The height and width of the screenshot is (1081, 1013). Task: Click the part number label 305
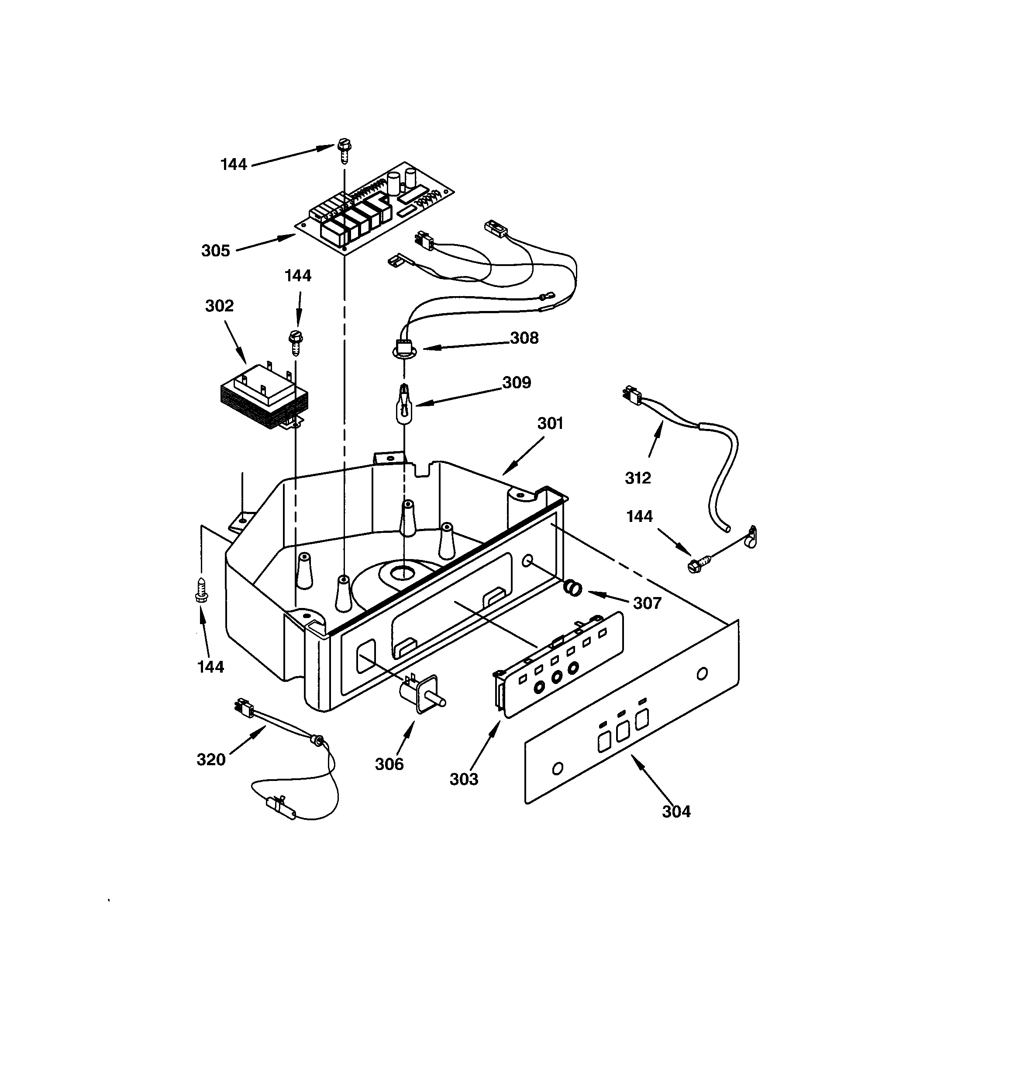click(x=215, y=251)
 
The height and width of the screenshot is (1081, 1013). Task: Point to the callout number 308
click(x=524, y=338)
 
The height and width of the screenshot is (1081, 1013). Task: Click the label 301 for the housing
click(x=550, y=423)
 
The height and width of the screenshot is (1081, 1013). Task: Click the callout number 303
click(x=464, y=779)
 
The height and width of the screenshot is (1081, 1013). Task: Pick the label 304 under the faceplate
click(x=676, y=811)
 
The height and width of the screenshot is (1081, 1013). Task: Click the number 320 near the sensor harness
click(x=211, y=760)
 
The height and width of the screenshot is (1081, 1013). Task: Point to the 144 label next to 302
click(x=297, y=276)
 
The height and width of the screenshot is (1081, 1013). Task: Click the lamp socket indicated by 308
click(x=404, y=349)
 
